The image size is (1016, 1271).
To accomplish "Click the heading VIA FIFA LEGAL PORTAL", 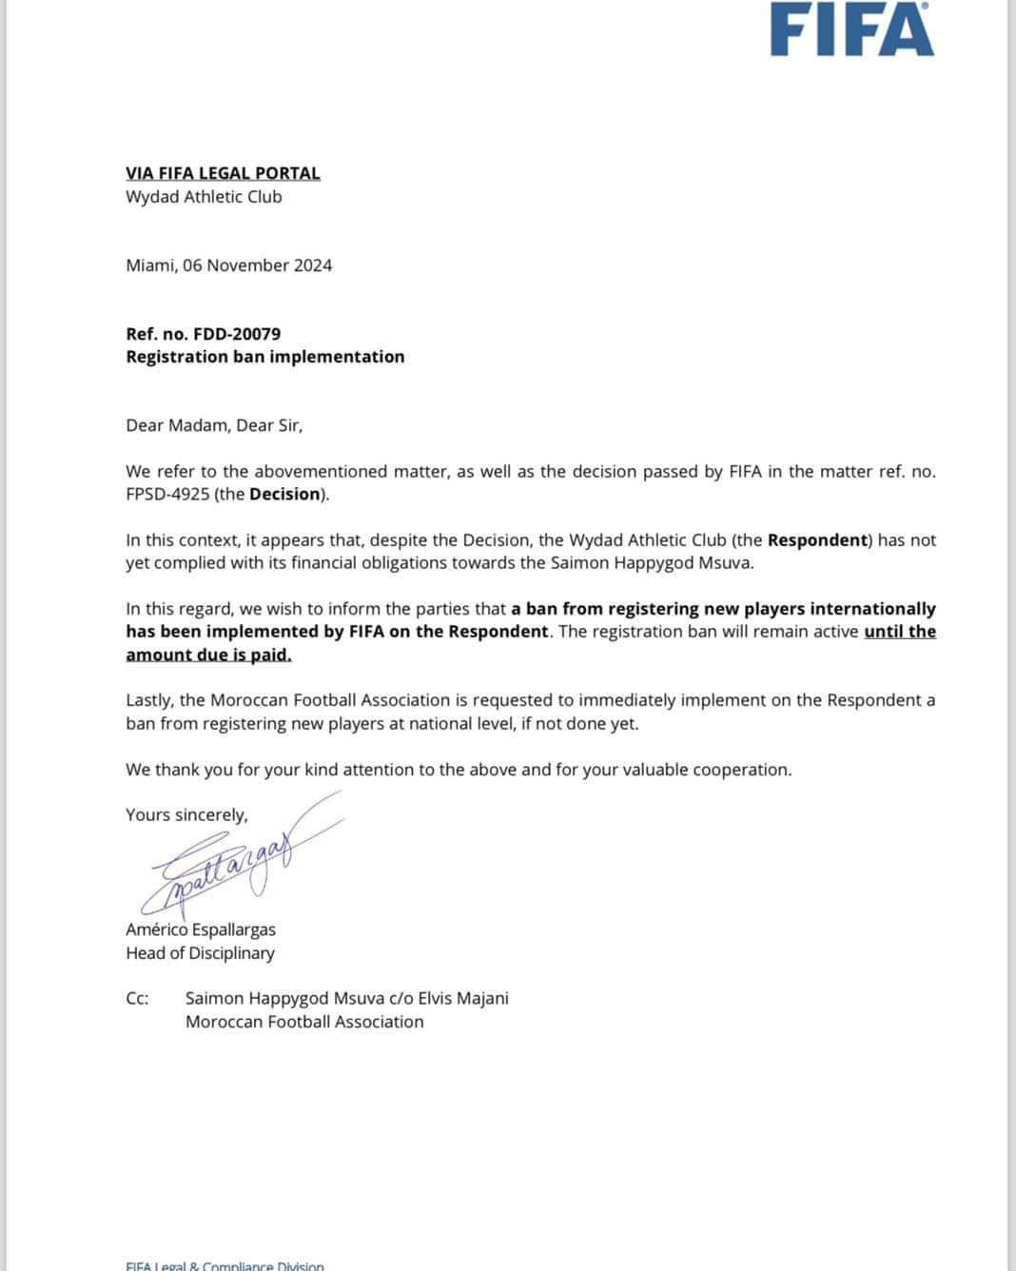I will [x=223, y=173].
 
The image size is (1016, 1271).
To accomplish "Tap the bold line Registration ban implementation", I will [x=264, y=357].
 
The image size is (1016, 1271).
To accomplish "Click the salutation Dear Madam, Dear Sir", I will [x=214, y=425].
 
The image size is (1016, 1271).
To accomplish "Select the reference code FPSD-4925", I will [x=167, y=494].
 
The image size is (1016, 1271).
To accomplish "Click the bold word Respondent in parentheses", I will [x=818, y=539].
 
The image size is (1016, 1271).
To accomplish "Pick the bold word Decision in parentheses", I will [x=284, y=494].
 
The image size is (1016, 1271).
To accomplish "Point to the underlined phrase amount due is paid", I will [x=208, y=655].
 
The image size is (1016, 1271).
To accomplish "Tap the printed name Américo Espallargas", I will [x=200, y=929].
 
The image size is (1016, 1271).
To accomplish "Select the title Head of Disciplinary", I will [x=200, y=952].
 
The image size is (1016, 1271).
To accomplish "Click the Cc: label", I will [x=137, y=998].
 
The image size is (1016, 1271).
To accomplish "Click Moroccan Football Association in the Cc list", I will [x=304, y=1022].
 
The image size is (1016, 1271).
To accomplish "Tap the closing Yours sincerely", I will [x=186, y=814].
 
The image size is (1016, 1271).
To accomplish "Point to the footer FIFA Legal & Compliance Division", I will [x=225, y=1265].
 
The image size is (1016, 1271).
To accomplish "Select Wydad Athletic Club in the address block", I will [x=204, y=197].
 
